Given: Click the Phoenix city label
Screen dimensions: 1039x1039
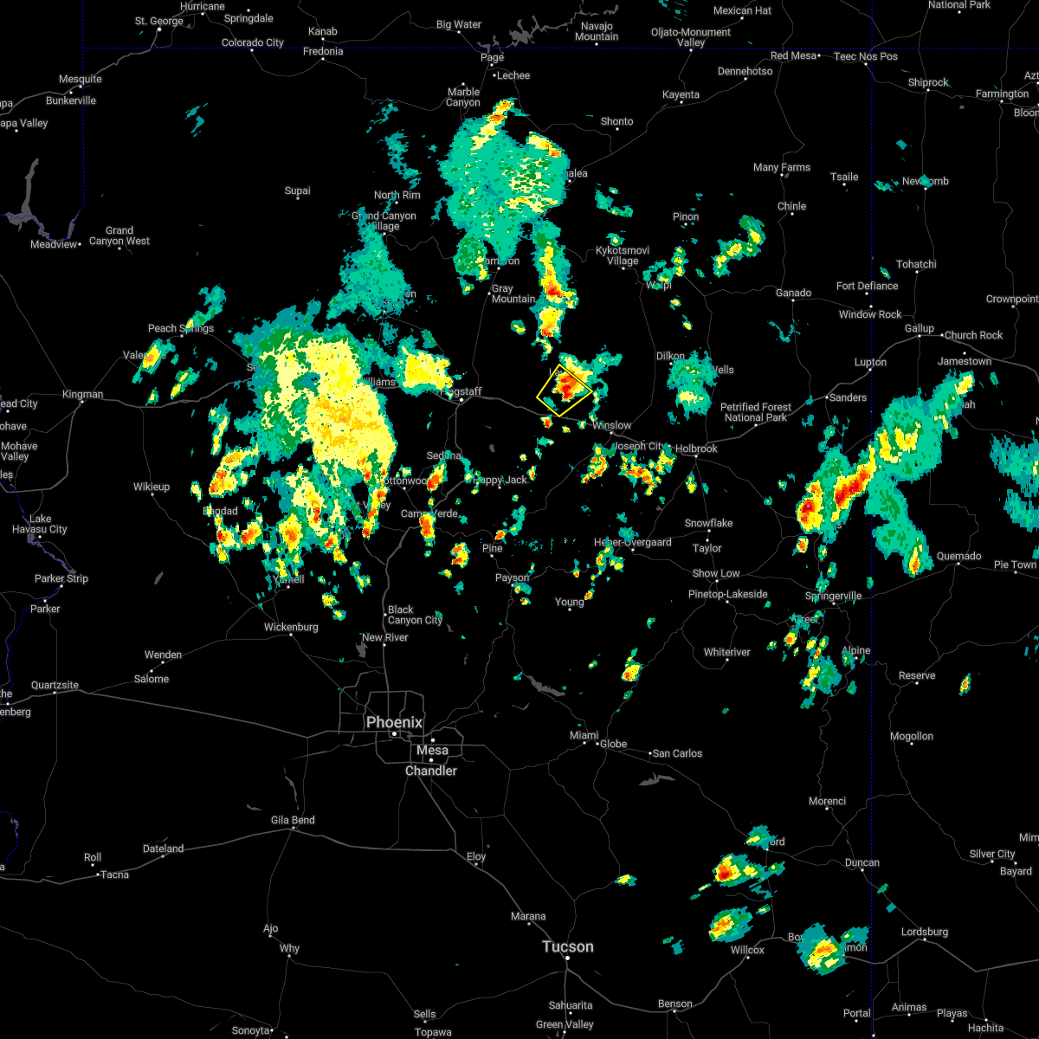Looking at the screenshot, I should pyautogui.click(x=394, y=722).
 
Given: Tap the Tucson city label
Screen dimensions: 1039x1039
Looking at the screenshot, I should pyautogui.click(x=567, y=946).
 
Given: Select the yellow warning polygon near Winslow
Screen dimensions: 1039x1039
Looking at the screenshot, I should pyautogui.click(x=565, y=390).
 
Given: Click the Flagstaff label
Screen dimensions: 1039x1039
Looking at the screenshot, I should pyautogui.click(x=463, y=391).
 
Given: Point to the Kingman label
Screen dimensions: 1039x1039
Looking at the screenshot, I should pyautogui.click(x=82, y=394).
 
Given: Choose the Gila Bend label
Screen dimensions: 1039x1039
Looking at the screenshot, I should pyautogui.click(x=293, y=820).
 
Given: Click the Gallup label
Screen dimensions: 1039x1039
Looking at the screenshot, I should pyautogui.click(x=920, y=328).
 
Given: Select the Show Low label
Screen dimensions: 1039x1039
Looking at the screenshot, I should pyautogui.click(x=715, y=573).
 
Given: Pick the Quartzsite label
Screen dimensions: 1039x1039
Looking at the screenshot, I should pyautogui.click(x=55, y=685).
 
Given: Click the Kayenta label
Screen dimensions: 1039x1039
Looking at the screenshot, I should pyautogui.click(x=681, y=94).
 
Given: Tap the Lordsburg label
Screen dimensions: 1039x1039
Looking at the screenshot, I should pyautogui.click(x=925, y=932).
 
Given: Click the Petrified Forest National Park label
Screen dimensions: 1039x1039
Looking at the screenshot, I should pyautogui.click(x=756, y=412).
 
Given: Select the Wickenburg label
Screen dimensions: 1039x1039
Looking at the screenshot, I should pyautogui.click(x=291, y=627).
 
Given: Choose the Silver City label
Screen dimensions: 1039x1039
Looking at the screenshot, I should pyautogui.click(x=992, y=854).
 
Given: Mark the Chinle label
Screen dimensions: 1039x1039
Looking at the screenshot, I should pyautogui.click(x=791, y=206).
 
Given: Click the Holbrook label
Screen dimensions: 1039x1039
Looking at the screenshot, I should pyautogui.click(x=697, y=449).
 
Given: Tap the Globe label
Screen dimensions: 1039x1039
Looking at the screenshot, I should pyautogui.click(x=613, y=744).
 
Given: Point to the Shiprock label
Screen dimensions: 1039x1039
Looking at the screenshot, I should pyautogui.click(x=927, y=82).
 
